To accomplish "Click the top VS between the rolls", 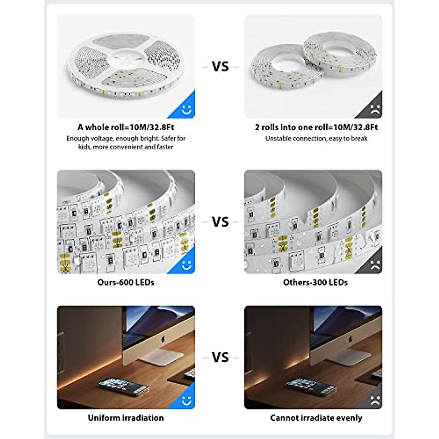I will [x=220, y=67].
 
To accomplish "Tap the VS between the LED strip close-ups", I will [x=220, y=222].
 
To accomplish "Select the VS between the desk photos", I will [x=220, y=357].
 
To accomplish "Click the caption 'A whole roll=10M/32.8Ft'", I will [x=125, y=127].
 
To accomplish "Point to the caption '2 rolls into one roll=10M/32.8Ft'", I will [x=316, y=127].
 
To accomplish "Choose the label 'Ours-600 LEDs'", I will [x=125, y=282].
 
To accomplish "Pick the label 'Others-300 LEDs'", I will [x=315, y=282].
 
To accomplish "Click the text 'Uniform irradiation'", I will [x=125, y=418].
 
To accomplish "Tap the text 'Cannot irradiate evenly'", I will [x=316, y=418].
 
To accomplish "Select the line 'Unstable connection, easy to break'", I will [x=316, y=139].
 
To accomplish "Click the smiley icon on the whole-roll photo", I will [x=187, y=109].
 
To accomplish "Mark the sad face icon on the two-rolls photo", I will [x=375, y=109].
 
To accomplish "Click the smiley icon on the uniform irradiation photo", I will [x=187, y=401].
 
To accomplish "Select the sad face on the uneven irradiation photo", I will [x=375, y=401].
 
